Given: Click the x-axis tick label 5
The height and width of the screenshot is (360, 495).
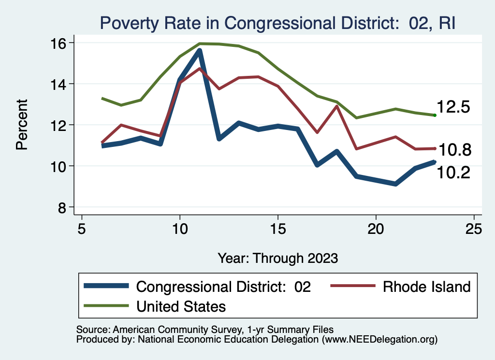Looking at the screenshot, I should [x=82, y=229].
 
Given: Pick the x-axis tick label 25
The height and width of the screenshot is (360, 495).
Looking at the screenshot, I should [x=475, y=229].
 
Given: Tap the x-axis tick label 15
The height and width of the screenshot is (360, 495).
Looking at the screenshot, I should [x=278, y=229].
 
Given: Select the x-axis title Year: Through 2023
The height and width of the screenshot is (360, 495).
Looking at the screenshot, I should [x=277, y=258].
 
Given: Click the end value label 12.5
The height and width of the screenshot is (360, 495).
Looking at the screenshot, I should [x=453, y=107].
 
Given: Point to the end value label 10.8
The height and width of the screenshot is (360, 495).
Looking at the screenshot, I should [x=453, y=150].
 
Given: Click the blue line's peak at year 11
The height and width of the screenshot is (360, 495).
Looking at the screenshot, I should [x=199, y=51].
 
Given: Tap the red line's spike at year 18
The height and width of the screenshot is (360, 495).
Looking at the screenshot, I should [x=336, y=106].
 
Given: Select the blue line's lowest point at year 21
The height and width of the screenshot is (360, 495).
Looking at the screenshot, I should [x=395, y=184].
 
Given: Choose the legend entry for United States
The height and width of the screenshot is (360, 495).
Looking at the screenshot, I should [x=181, y=306].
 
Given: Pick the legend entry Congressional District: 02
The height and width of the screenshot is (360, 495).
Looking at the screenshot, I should [x=223, y=287].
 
